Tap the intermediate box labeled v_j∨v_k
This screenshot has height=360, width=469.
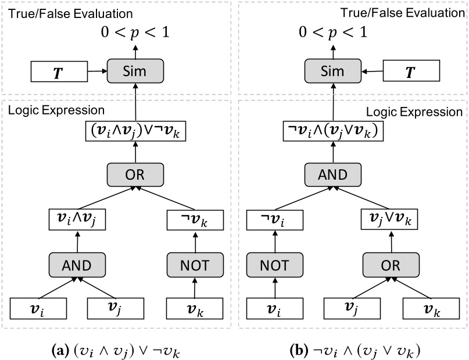point(389,220)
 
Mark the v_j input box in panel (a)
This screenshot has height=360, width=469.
point(116,308)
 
